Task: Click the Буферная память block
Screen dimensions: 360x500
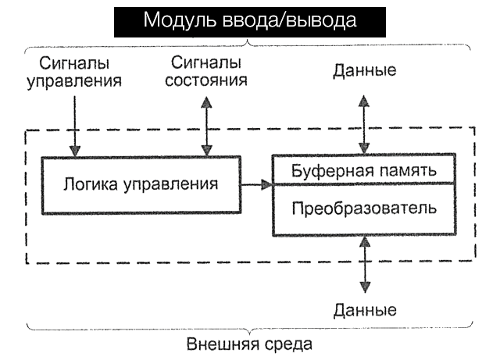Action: coord(362,169)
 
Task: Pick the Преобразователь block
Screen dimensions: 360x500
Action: coord(362,209)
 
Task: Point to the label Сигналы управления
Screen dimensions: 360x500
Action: coord(74,70)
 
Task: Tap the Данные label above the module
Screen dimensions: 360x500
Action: coord(364,70)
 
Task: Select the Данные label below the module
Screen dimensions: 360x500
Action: coord(364,310)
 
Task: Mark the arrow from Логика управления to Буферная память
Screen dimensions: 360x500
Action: coord(256,184)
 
